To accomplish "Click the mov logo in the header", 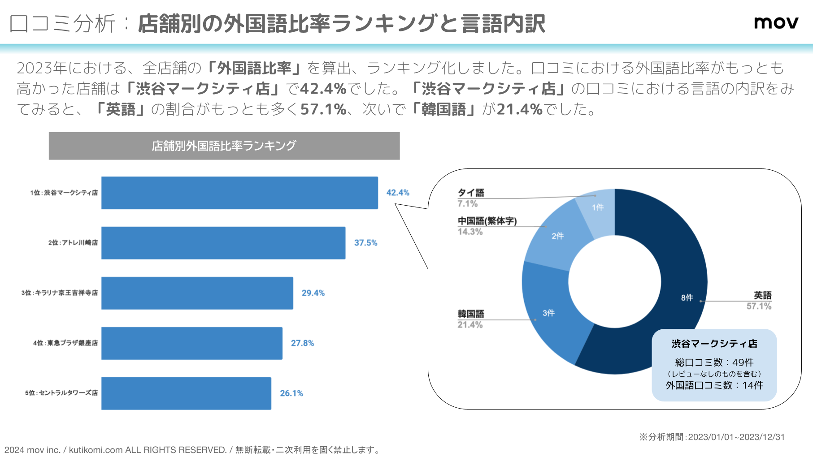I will click(776, 22).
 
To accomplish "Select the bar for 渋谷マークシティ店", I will click(239, 193).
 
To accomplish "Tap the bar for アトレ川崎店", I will click(223, 243).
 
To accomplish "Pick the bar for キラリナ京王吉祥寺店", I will click(197, 293).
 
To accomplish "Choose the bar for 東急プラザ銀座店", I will click(192, 343).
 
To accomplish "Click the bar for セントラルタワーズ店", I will click(186, 393).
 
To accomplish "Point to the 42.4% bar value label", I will click(398, 193).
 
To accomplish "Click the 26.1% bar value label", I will click(291, 393).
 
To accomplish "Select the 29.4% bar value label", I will click(313, 293).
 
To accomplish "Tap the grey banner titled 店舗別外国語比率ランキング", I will click(224, 146).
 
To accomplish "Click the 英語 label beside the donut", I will click(762, 295).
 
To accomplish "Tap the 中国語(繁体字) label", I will click(487, 221).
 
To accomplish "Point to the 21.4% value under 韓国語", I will click(470, 325).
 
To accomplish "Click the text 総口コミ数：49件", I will click(714, 362).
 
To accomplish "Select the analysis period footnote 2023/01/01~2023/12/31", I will click(712, 437).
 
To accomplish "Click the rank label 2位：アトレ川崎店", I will click(73, 243).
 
